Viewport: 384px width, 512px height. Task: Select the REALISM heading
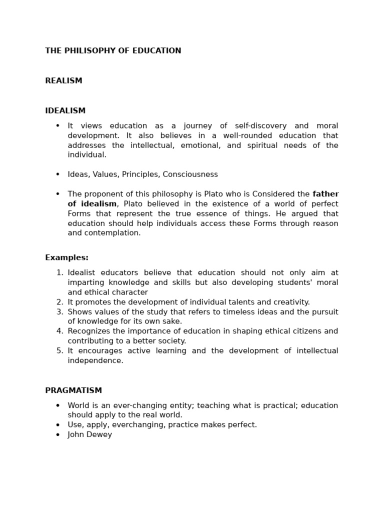[63, 81]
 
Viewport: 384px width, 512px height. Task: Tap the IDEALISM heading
[65, 111]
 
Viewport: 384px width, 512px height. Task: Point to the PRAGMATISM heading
[73, 390]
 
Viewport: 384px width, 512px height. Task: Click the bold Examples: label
[66, 258]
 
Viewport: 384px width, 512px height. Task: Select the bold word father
[325, 194]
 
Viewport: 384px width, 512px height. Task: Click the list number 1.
[59, 273]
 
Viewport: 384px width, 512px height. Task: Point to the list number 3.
[59, 312]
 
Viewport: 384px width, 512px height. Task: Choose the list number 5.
[59, 351]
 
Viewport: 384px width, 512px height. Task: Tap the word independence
[95, 360]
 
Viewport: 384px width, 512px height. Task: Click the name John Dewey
[90, 435]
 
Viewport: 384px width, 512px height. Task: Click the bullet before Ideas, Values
[57, 174]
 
